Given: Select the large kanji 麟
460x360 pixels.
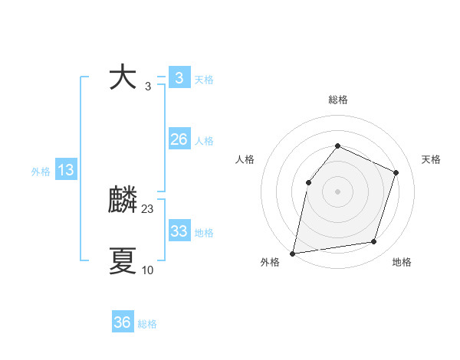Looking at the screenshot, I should pyautogui.click(x=123, y=201).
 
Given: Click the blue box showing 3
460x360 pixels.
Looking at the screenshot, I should pyautogui.click(x=179, y=78).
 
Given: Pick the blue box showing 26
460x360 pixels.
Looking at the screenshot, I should pyautogui.click(x=179, y=139).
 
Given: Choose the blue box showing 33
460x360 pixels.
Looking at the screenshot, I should pyautogui.click(x=179, y=231).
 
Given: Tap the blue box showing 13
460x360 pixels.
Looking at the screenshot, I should pyautogui.click(x=65, y=170).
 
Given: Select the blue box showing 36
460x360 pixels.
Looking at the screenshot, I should pyautogui.click(x=122, y=322).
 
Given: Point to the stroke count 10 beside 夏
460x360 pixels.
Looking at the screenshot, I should pyautogui.click(x=148, y=270).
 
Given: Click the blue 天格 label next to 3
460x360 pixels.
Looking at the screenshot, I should pyautogui.click(x=204, y=80).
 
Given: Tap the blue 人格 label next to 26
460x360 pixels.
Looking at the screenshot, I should pyautogui.click(x=204, y=141).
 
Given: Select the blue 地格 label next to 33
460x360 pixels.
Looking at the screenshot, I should pyautogui.click(x=204, y=233).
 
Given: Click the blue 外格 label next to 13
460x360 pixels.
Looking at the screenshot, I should pyautogui.click(x=41, y=172).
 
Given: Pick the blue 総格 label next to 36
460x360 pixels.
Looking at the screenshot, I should pyautogui.click(x=147, y=324).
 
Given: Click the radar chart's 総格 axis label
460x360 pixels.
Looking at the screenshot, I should pyautogui.click(x=337, y=100).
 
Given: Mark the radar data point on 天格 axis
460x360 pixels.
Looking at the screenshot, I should pyautogui.click(x=396, y=172).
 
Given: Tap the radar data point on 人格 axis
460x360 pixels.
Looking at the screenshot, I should pyautogui.click(x=308, y=182).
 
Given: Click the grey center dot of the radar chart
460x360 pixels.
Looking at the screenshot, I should pyautogui.click(x=337, y=191).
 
